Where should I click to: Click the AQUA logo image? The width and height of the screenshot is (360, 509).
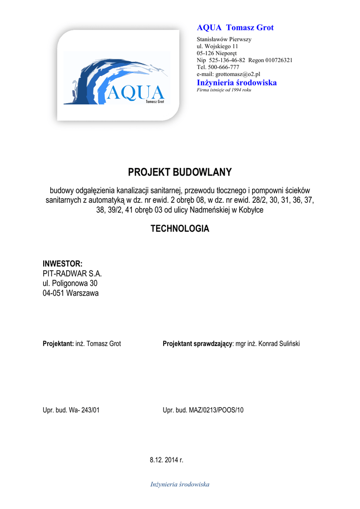tap(118, 75)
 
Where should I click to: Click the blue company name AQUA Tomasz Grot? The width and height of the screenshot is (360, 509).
tap(235, 28)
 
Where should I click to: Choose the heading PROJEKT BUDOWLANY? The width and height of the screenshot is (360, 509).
tap(180, 172)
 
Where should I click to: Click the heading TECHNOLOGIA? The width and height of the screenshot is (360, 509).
tap(180, 229)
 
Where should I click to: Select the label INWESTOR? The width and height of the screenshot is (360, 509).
tap(63, 263)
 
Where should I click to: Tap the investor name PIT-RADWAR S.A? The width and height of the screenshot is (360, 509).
tap(72, 273)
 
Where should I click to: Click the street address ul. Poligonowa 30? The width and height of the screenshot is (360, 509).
tap(70, 283)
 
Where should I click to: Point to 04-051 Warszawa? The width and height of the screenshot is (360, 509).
tap(71, 293)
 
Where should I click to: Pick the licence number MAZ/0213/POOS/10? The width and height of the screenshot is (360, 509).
tap(216, 410)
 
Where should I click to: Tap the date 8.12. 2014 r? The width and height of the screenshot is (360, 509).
tap(167, 460)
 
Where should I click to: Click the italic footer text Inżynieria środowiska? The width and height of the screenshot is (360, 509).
tap(180, 484)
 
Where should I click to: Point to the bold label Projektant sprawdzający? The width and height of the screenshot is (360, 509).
tap(197, 344)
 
